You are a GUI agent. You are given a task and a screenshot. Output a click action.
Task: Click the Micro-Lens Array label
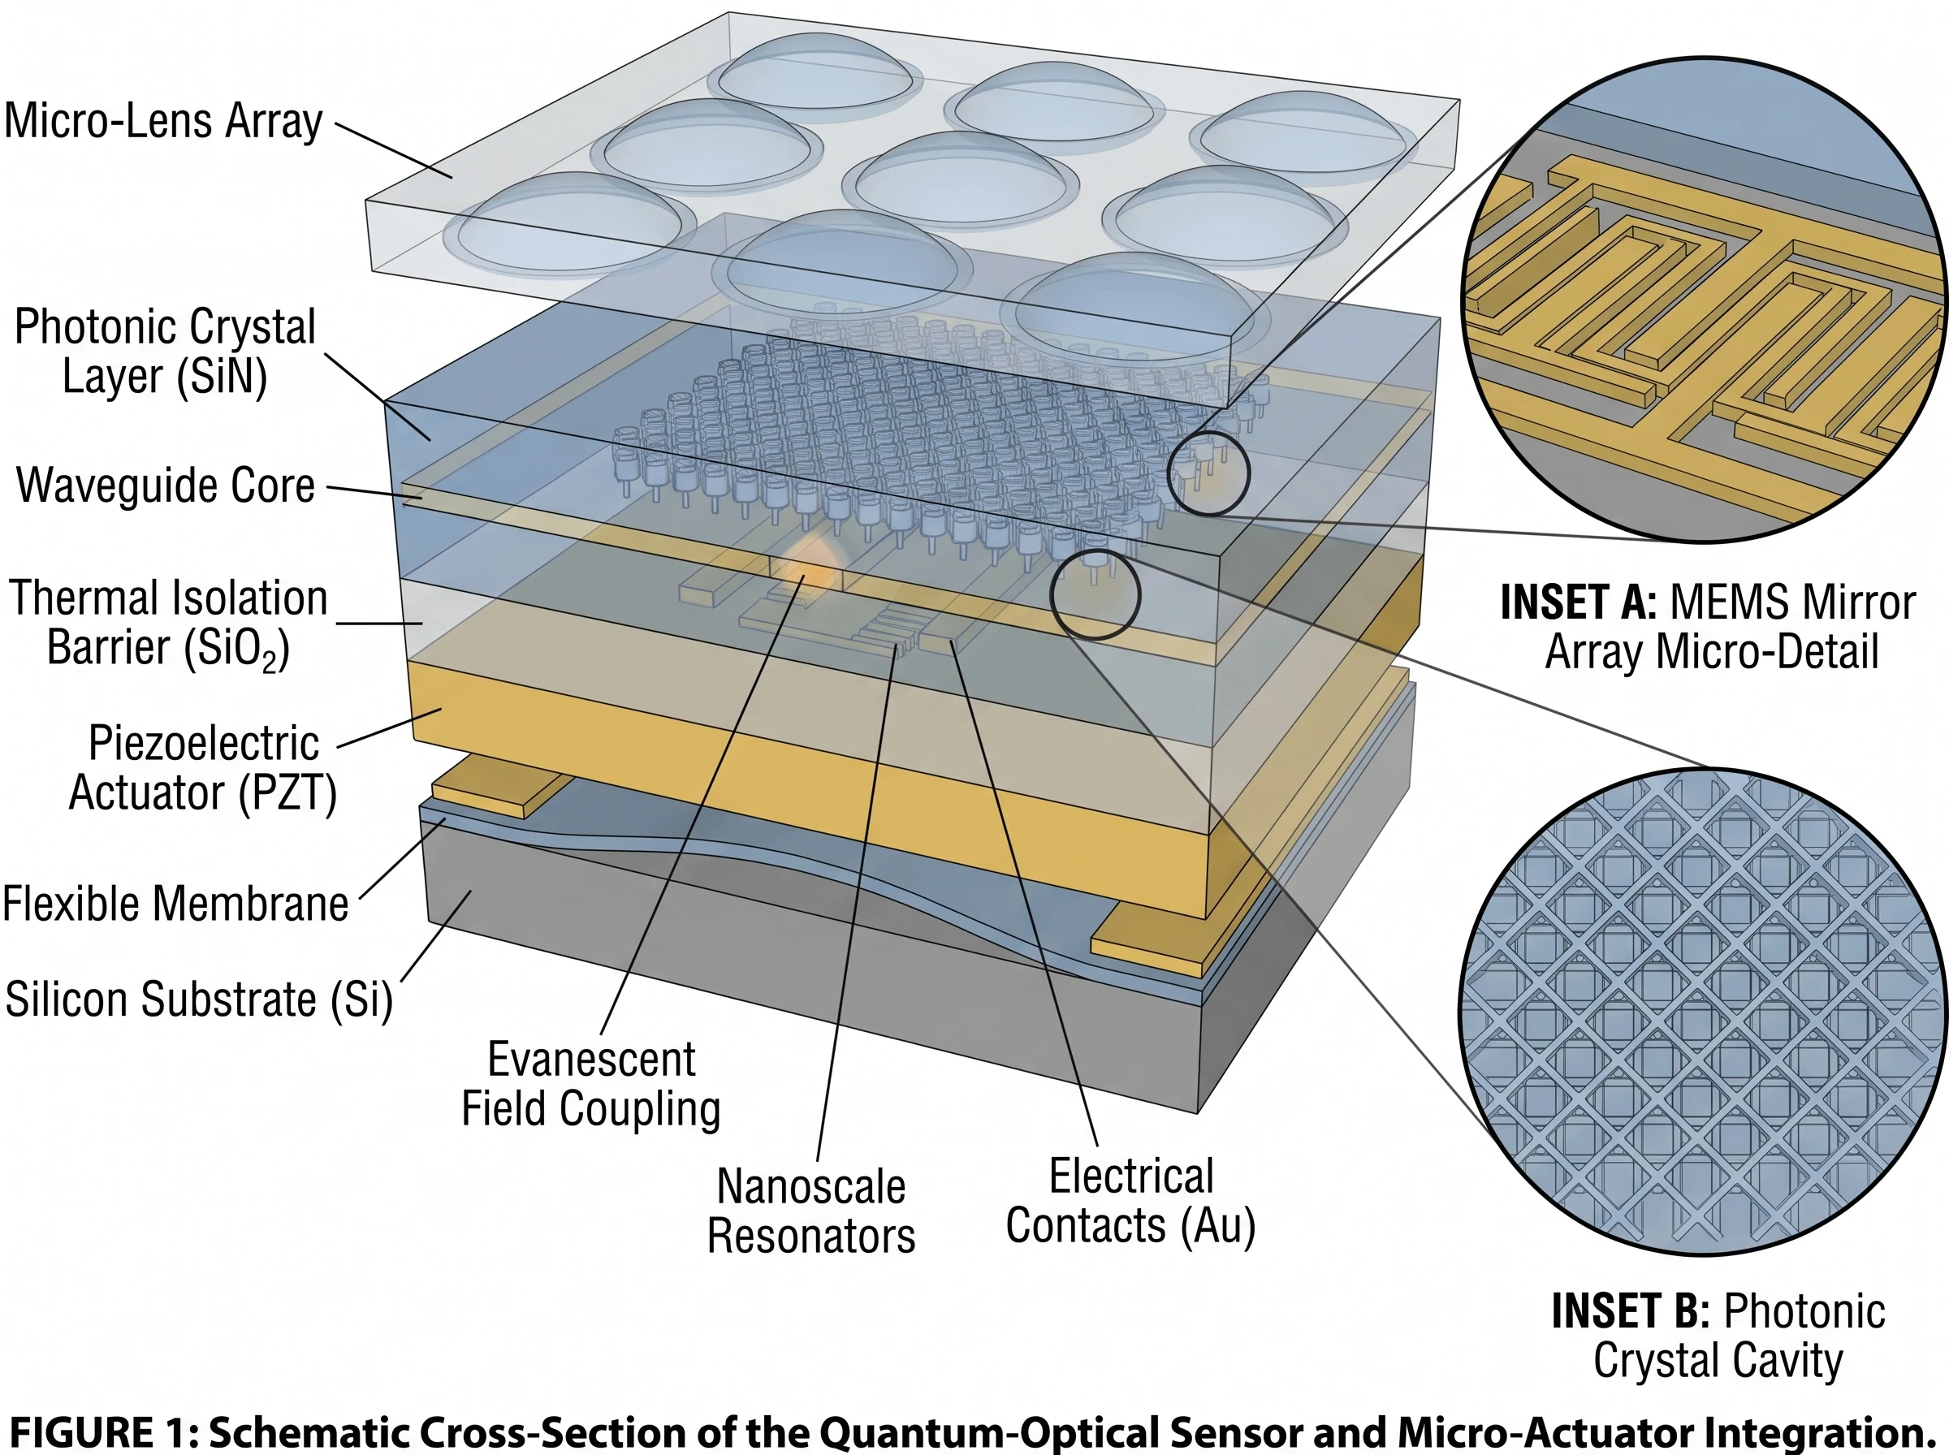164,121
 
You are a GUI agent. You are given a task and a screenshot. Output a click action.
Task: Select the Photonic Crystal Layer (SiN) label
165,352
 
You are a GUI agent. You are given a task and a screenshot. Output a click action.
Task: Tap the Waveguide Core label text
166,486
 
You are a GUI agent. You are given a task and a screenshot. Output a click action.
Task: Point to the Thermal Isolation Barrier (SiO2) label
167,623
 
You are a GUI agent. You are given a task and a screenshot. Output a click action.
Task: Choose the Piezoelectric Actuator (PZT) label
204,768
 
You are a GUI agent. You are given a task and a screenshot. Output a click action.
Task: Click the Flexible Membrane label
175,904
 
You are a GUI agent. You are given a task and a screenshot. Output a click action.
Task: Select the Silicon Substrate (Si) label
199,1000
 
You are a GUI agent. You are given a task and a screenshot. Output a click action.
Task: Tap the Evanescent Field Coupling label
591,1083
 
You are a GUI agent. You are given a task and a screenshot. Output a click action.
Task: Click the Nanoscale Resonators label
811,1211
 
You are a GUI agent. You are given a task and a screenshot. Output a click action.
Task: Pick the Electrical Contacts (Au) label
1130,1201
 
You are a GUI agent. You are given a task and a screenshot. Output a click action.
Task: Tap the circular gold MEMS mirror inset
1705,300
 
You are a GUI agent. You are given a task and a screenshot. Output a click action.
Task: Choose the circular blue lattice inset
1705,1011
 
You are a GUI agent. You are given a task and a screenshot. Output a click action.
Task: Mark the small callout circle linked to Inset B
1096,594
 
